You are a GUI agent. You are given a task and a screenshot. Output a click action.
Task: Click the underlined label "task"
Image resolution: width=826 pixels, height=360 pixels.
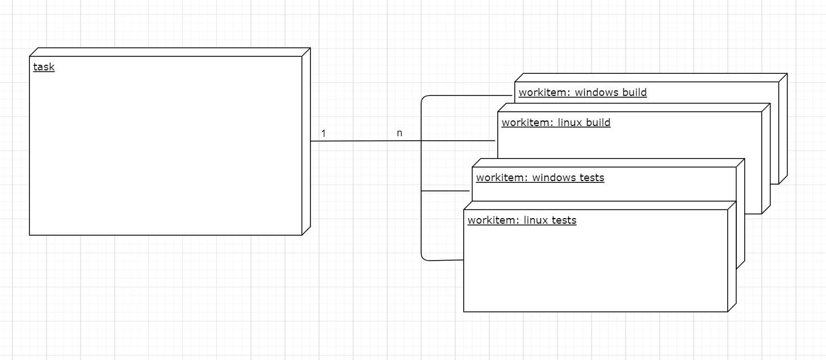44,67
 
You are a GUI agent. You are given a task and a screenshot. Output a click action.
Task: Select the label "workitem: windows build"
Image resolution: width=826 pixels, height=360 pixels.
582,93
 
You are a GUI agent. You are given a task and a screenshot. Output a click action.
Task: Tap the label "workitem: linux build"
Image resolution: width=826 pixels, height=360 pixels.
556,123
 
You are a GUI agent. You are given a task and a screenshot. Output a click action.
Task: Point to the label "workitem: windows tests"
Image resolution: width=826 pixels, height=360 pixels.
540,178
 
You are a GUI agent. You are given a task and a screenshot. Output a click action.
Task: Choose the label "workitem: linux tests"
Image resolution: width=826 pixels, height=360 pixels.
522,220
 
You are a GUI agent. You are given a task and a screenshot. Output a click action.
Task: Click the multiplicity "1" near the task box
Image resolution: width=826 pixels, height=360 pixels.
323,134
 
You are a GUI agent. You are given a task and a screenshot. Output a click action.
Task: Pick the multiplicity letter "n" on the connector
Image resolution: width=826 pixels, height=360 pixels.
399,133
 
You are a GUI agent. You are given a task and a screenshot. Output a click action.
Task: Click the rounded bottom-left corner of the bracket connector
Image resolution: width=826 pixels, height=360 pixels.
424,258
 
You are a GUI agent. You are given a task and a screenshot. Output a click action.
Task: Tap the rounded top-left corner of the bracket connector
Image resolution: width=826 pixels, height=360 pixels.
424,99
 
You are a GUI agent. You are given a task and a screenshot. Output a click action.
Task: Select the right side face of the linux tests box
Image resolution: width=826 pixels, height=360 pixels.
732,256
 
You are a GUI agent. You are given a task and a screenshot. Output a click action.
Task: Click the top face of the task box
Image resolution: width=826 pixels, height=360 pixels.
170,52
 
